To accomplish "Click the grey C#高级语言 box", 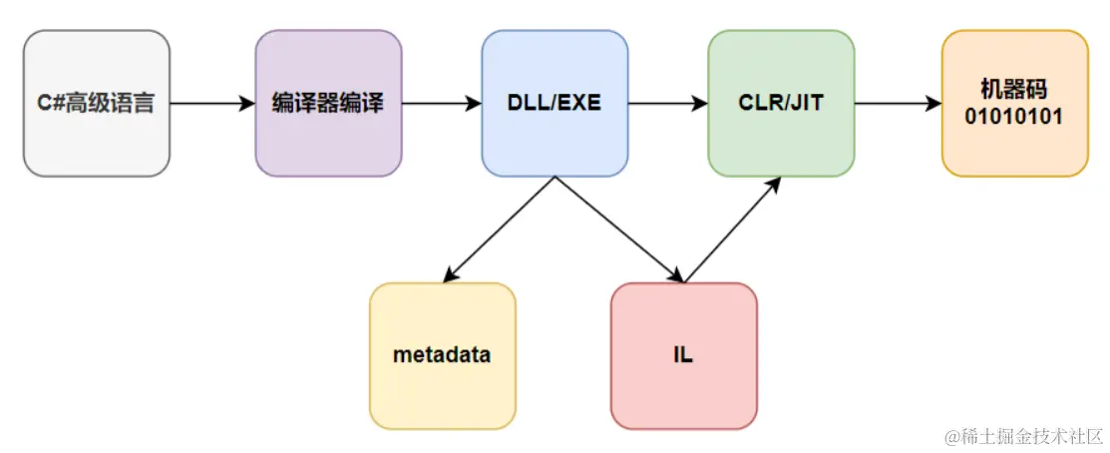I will (x=97, y=104).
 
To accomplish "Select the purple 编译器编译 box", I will (x=328, y=104).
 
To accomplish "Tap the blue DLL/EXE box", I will (x=555, y=104).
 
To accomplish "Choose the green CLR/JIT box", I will (x=781, y=104).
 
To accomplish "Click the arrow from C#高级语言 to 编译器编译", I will (x=212, y=104).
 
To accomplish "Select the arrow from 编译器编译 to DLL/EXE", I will (x=442, y=104).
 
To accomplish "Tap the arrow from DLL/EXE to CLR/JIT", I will (x=668, y=104).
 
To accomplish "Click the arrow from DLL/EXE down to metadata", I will (x=499, y=229).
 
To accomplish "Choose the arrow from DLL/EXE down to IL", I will (x=618, y=229).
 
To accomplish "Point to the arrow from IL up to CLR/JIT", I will (x=733, y=229).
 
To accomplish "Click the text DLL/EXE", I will (x=555, y=104).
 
